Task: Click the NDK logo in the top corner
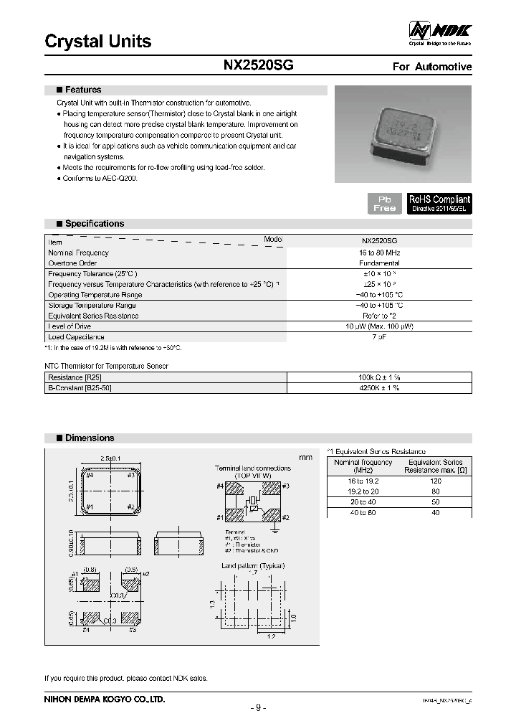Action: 439,32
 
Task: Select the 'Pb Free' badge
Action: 385,203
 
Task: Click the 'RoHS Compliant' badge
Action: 439,203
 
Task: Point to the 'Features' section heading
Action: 83,90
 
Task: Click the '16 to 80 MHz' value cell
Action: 379,253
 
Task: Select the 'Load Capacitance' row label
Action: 76,336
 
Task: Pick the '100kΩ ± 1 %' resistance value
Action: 379,377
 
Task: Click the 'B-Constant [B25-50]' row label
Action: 80,387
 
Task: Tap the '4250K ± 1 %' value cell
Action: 379,387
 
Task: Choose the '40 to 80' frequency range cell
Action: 362,513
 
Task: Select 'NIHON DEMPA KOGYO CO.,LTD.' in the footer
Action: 105,698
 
